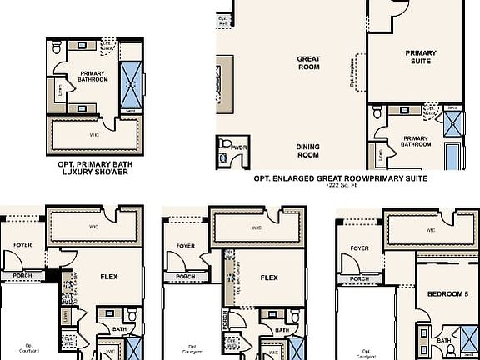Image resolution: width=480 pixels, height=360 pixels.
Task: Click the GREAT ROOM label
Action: tap(309, 63)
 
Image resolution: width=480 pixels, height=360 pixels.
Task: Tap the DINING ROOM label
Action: tap(308, 150)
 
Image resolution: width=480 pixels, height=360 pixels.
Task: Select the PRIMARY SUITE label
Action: tap(421, 57)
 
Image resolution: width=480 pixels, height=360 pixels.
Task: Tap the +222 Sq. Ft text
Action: tap(341, 187)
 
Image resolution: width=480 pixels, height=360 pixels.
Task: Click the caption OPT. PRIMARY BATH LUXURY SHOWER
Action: tap(93, 168)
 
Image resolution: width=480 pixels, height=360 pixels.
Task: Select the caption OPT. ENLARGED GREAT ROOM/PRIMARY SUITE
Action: tap(341, 177)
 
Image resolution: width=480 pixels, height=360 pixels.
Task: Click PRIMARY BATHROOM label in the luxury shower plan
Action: tap(92, 77)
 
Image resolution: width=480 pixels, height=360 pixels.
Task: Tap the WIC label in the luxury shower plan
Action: tap(94, 132)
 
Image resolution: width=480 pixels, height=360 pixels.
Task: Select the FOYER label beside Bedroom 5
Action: tap(359, 248)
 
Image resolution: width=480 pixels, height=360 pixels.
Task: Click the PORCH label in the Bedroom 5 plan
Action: tap(359, 278)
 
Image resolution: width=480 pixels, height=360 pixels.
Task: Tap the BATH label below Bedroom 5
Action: tap(443, 340)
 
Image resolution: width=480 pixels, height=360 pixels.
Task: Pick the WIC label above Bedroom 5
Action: tap(430, 230)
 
